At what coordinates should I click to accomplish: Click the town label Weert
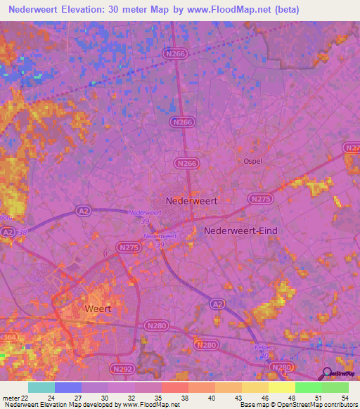coord(97,309)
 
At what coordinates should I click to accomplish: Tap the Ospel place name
coord(252,161)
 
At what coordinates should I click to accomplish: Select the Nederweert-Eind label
coord(240,231)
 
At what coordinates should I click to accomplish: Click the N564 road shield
coord(8,337)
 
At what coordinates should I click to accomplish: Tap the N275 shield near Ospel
coord(260,200)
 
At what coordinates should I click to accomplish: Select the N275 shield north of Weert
coord(128,247)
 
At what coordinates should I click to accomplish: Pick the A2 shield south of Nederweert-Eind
coord(218,302)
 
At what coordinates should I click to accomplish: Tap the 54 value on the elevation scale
coord(344,398)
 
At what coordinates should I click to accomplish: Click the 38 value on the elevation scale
coord(184,398)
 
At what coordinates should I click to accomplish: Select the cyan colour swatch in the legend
coord(41,387)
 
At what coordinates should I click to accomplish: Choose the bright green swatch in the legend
coord(335,387)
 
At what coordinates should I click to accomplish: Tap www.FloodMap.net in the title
coord(227,10)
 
